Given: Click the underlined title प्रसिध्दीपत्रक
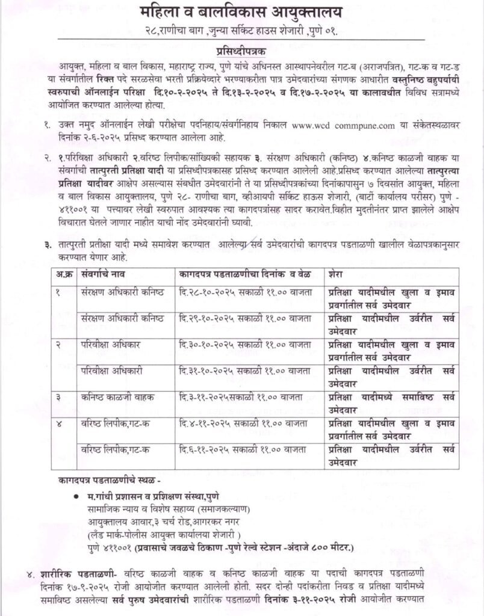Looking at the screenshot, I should pos(242,52).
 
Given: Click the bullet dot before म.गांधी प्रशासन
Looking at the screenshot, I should pos(76,496).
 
